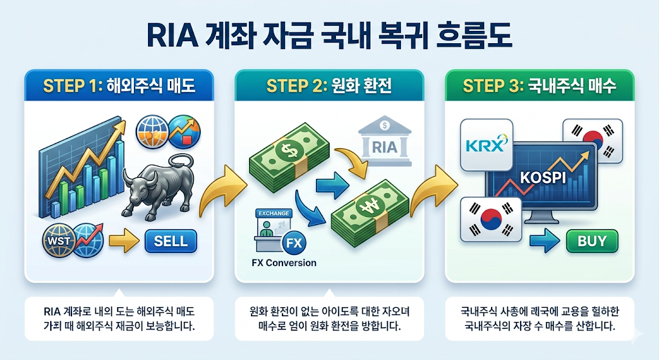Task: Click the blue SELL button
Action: (171, 242)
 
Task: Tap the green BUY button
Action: (591, 241)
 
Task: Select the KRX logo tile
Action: (486, 144)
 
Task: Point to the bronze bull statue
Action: (157, 189)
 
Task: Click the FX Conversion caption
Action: (284, 263)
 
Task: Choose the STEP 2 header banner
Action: (329, 86)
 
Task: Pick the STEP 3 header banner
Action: (539, 86)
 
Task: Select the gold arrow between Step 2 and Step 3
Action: (432, 191)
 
